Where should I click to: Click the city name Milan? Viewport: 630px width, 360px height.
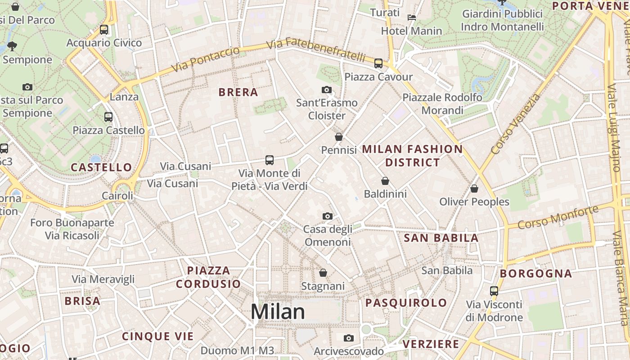278,312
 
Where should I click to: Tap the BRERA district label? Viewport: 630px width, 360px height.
238,92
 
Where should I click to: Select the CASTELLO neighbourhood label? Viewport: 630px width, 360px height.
102,167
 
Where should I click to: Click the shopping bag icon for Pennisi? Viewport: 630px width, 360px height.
339,137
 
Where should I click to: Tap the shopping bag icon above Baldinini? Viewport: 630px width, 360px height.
385,181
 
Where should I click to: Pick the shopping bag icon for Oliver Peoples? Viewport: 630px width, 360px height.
474,189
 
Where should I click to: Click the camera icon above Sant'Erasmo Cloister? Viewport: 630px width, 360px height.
327,90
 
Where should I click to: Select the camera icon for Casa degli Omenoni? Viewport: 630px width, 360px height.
328,216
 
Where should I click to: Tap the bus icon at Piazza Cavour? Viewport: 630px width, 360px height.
378,63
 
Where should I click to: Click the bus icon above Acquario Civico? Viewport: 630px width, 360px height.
104,30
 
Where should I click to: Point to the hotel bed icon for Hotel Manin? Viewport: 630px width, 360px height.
411,18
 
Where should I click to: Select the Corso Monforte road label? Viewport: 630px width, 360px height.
558,216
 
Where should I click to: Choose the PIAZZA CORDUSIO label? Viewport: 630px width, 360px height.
208,277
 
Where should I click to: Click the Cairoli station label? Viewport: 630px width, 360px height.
117,196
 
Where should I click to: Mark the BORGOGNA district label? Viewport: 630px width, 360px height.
536,274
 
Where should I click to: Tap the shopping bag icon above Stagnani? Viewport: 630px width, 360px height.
323,273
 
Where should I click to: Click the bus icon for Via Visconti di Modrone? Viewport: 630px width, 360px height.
494,291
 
